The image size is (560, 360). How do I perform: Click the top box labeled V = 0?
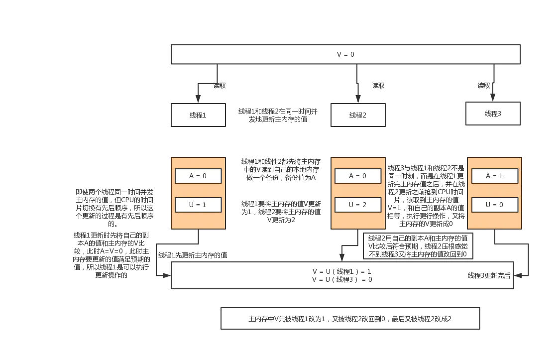pyautogui.click(x=345, y=54)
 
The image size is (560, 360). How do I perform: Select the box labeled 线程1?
pyautogui.click(x=198, y=115)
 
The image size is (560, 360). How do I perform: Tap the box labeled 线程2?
pyautogui.click(x=358, y=115)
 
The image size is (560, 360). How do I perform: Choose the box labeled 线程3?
pyautogui.click(x=493, y=114)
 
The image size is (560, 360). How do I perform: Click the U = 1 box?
pyautogui.click(x=198, y=205)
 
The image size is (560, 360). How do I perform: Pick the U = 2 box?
pyautogui.click(x=358, y=205)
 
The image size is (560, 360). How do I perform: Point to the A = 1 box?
pyautogui.click(x=494, y=176)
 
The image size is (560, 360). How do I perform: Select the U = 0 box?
pyautogui.click(x=494, y=205)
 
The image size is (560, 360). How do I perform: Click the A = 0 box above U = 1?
pyautogui.click(x=198, y=176)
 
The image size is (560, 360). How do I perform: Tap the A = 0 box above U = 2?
pyautogui.click(x=358, y=176)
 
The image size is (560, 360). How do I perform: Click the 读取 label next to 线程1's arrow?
pyautogui.click(x=220, y=86)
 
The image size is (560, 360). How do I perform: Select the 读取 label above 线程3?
pyautogui.click(x=484, y=86)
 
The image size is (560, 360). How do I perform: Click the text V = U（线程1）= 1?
pyautogui.click(x=342, y=271)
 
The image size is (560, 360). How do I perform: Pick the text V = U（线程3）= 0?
pyautogui.click(x=342, y=279)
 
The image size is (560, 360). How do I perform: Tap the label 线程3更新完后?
pyautogui.click(x=489, y=275)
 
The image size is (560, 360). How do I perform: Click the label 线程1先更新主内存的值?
pyautogui.click(x=193, y=255)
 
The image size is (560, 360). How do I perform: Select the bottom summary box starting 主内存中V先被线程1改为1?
pyautogui.click(x=350, y=318)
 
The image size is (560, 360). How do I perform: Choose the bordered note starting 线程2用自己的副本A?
pyautogui.click(x=418, y=246)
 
